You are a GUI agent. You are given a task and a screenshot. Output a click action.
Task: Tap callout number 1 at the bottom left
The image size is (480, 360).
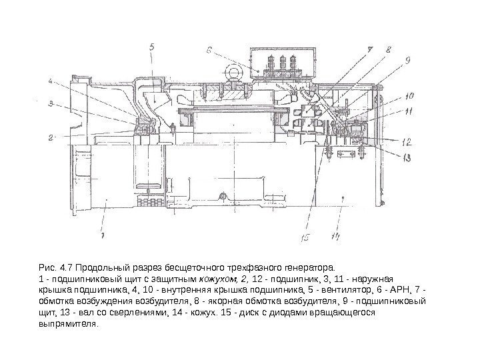(101, 235)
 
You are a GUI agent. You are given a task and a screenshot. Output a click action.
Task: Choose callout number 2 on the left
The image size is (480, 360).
(50, 138)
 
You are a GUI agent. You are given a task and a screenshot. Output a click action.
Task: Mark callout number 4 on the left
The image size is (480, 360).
(50, 81)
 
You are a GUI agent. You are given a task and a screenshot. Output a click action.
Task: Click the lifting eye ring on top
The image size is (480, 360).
(236, 71)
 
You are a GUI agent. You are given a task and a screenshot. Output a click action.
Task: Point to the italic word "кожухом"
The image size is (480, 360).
(219, 278)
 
